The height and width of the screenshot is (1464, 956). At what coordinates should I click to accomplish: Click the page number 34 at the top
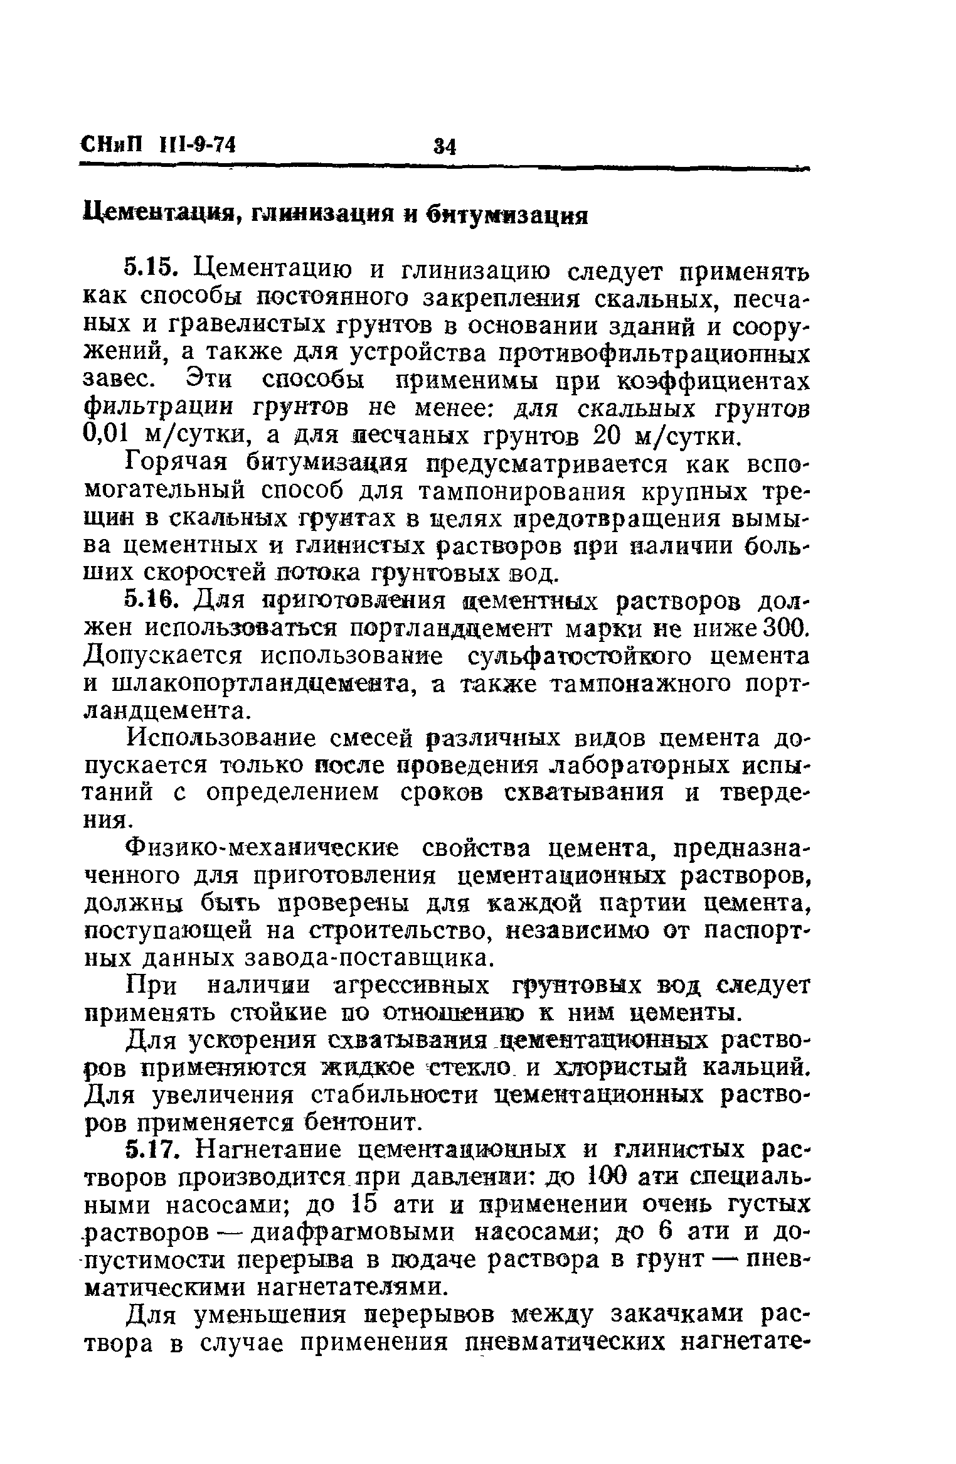[444, 146]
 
